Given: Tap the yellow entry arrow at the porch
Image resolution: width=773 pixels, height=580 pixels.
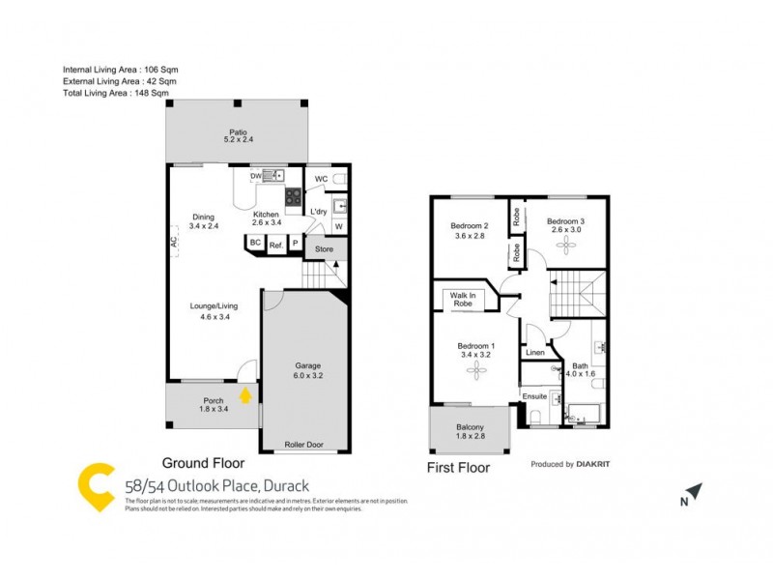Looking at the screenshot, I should click(x=246, y=394).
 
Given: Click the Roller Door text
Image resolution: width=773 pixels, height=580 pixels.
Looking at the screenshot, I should click(x=304, y=445).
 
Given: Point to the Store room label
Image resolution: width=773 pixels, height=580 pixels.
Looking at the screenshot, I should click(x=324, y=249).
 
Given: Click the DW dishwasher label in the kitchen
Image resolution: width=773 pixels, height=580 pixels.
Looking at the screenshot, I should click(x=256, y=176).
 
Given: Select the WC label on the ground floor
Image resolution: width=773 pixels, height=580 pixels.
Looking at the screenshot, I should click(x=321, y=180).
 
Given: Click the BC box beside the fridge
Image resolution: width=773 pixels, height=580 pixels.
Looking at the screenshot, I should click(x=255, y=244).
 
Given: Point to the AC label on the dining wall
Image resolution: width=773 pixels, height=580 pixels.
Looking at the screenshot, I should click(x=175, y=245).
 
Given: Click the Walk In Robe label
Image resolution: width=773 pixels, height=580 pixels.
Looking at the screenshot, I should click(x=460, y=300).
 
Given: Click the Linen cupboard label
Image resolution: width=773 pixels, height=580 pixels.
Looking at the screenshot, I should click(x=534, y=353).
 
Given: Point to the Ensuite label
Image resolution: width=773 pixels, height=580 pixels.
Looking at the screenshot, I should click(x=534, y=396).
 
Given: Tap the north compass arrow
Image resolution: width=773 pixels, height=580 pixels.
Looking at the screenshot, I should click(x=694, y=493).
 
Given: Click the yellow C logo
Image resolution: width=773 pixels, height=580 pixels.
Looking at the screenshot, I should click(x=98, y=488).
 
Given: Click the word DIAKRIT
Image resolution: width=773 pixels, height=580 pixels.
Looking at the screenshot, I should click(x=593, y=465).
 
